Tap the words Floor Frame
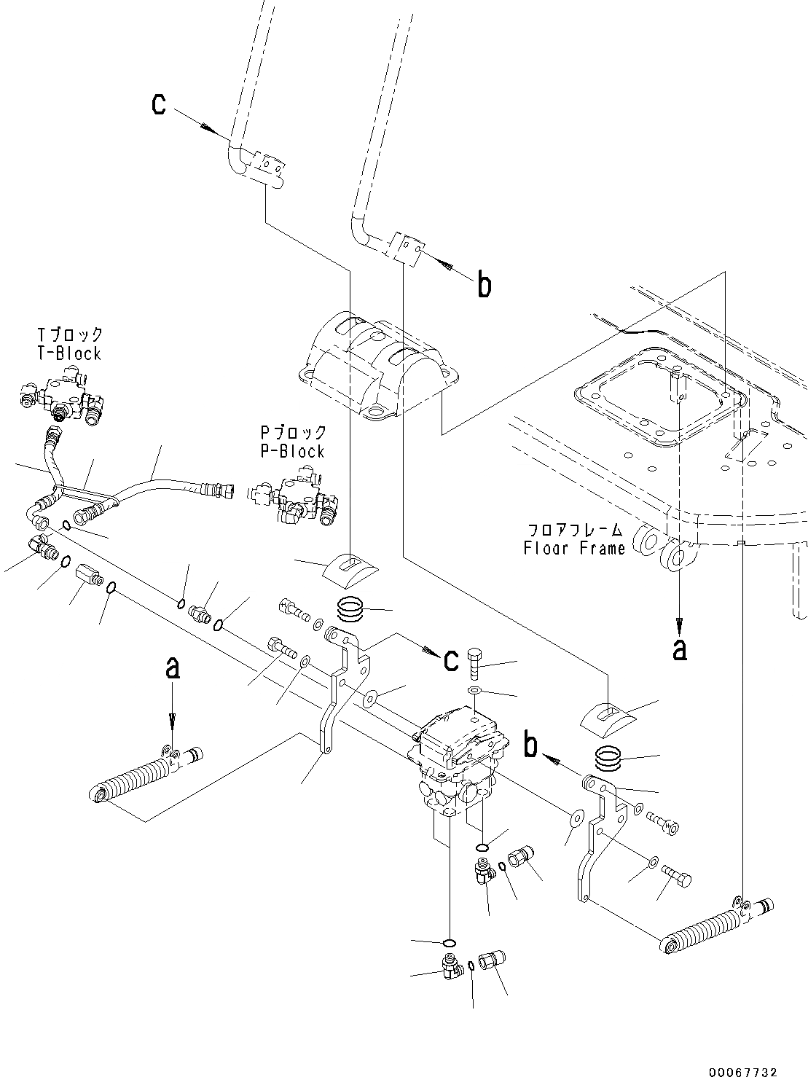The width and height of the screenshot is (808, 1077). point(574,548)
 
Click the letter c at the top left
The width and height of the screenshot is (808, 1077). point(158,105)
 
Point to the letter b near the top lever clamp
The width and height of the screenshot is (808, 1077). point(484,285)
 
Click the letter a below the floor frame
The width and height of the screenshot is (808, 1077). point(679,648)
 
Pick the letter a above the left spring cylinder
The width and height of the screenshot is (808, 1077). point(172,668)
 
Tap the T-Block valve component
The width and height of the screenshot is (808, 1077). point(62,397)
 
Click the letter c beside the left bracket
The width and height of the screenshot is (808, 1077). point(451,659)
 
